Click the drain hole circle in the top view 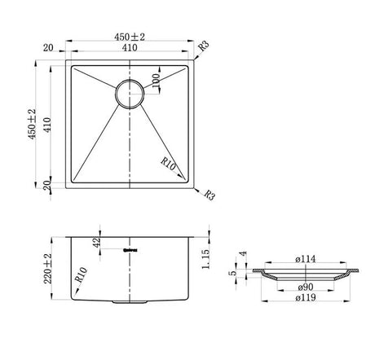click(x=131, y=94)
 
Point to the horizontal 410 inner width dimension click(x=130, y=49)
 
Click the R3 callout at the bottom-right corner click(x=210, y=195)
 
